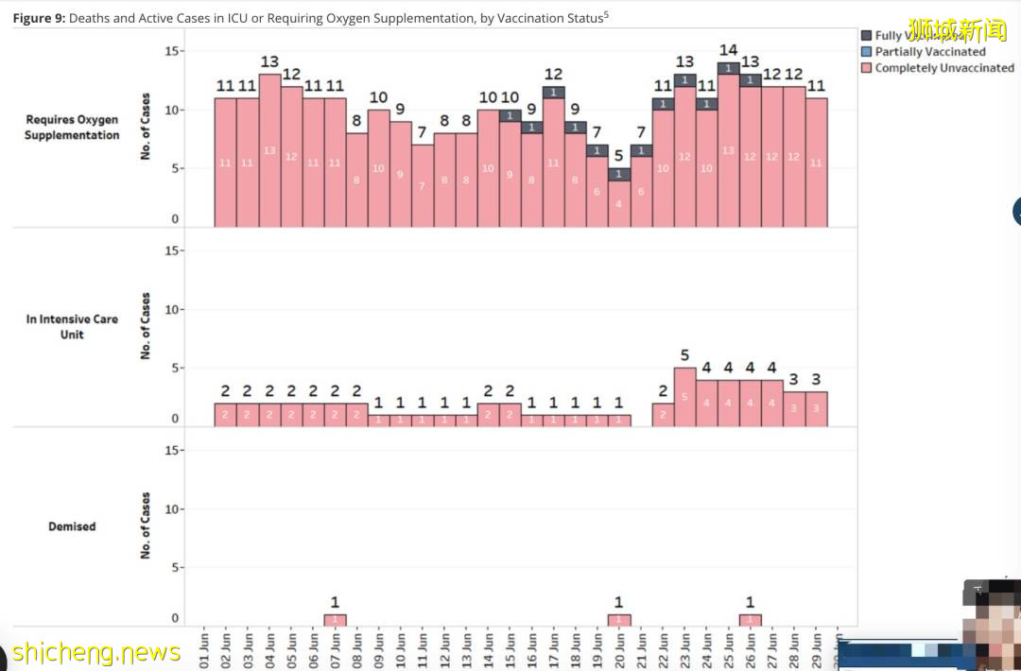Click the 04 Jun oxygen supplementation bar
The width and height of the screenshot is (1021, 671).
click(x=269, y=150)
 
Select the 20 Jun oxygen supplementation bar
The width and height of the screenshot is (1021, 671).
click(x=619, y=202)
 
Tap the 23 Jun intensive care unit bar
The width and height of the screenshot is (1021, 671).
click(x=684, y=397)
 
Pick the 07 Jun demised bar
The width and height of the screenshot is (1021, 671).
click(x=335, y=620)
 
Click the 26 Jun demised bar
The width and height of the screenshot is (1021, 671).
click(x=751, y=620)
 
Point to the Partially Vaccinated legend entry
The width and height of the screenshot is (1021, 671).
click(x=929, y=52)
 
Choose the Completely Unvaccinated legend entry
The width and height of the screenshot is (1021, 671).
click(x=943, y=68)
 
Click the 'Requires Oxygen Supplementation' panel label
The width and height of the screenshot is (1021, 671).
click(x=72, y=128)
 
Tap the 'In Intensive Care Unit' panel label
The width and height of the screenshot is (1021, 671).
click(x=72, y=327)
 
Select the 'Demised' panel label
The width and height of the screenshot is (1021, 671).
click(x=72, y=526)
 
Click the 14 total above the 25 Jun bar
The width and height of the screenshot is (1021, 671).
click(x=728, y=50)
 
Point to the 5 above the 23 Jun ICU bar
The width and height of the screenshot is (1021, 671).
click(x=684, y=355)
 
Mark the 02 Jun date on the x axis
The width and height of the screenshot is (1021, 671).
click(x=226, y=650)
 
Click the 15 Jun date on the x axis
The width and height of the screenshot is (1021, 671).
click(x=510, y=650)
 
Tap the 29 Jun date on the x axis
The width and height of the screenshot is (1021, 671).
click(x=816, y=650)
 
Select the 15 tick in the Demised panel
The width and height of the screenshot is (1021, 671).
click(x=173, y=450)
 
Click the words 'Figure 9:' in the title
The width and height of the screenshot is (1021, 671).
click(x=39, y=18)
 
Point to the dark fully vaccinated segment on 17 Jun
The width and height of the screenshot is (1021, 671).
click(x=554, y=93)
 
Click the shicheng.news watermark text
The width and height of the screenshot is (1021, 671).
click(x=95, y=652)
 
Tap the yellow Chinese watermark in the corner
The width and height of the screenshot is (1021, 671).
click(x=957, y=30)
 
